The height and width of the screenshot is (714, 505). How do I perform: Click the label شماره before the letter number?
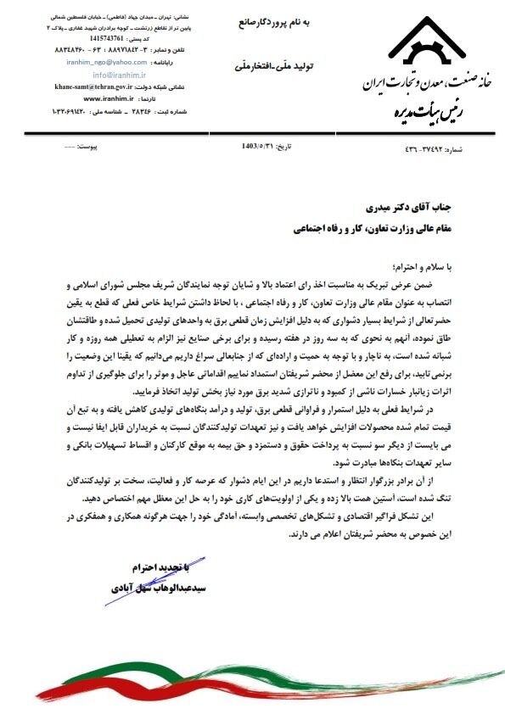click(480, 149)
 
